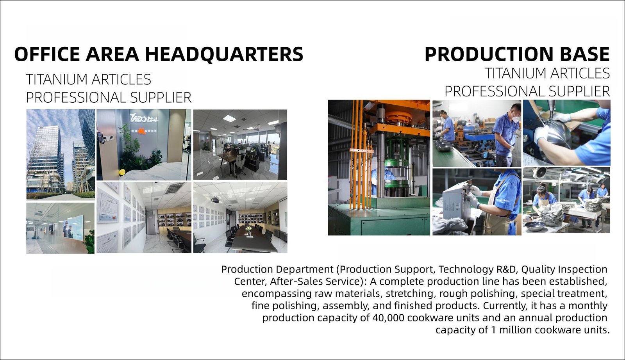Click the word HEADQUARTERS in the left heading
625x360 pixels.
[x=224, y=54]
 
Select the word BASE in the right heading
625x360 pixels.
[x=584, y=54]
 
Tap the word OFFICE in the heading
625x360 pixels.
[x=47, y=54]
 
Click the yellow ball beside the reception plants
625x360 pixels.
[x=121, y=172]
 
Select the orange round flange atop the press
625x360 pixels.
[x=398, y=117]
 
